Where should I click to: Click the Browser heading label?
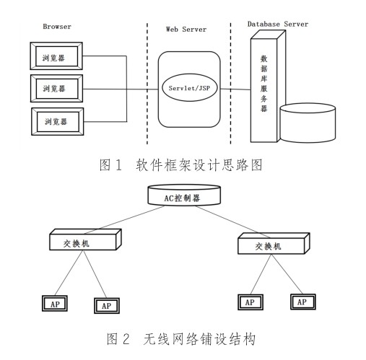pyautogui.click(x=57, y=26)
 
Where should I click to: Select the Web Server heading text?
pyautogui.click(x=186, y=29)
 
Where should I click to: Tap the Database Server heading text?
pyautogui.click(x=278, y=24)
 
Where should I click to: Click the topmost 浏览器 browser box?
pyautogui.click(x=56, y=56)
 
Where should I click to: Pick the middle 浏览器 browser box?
pyautogui.click(x=56, y=89)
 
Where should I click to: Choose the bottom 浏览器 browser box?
pyautogui.click(x=58, y=121)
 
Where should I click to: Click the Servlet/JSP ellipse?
pyautogui.click(x=189, y=88)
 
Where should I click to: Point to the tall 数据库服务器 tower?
pyautogui.click(x=268, y=87)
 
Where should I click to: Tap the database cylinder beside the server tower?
pyautogui.click(x=308, y=123)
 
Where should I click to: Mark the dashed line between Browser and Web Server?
pyautogui.click(x=147, y=84)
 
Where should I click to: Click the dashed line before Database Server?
pyautogui.click(x=230, y=84)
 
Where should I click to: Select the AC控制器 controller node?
pyautogui.click(x=184, y=196)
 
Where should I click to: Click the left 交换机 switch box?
pyautogui.click(x=85, y=240)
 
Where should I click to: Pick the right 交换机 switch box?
pyautogui.click(x=274, y=243)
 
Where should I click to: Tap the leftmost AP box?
pyautogui.click(x=55, y=304)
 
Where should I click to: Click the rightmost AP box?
pyautogui.click(x=303, y=302)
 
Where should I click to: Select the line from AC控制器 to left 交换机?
pyautogui.click(x=124, y=219)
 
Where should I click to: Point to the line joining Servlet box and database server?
pyautogui.click(x=235, y=89)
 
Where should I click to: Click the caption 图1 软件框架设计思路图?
pyautogui.click(x=180, y=165)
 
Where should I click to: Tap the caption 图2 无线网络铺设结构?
pyautogui.click(x=180, y=339)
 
